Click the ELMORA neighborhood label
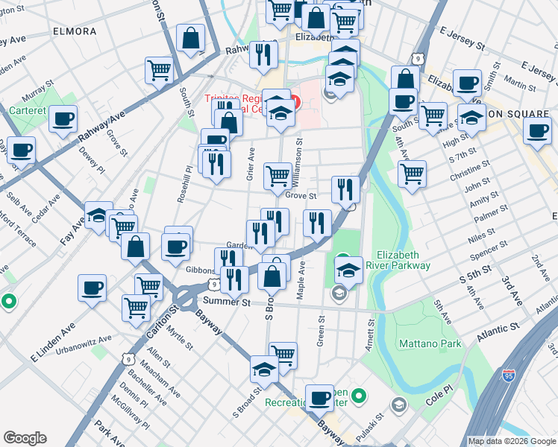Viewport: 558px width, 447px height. [75, 32]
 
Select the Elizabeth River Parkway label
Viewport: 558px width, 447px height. [403, 260]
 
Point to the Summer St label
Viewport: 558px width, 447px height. [224, 301]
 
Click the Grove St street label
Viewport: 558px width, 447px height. [301, 197]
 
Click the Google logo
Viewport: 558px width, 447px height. [25, 438]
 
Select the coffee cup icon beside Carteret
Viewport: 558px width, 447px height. [63, 118]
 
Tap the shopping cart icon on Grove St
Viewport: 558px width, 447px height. [278, 176]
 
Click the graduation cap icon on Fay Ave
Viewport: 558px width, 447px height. [98, 215]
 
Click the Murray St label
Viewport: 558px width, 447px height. [35, 95]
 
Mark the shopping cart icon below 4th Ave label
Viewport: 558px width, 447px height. [412, 174]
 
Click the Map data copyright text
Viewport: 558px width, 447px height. [512, 441]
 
